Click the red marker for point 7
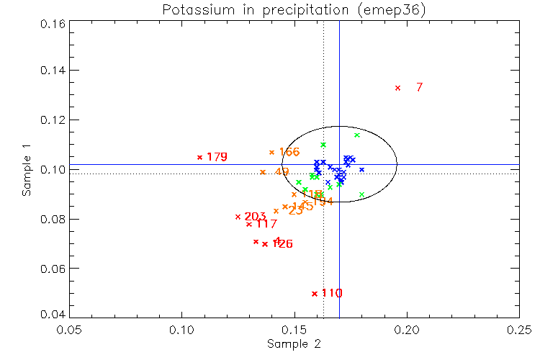click(x=397, y=88)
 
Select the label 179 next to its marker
click(x=217, y=157)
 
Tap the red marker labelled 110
click(x=315, y=293)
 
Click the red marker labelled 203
click(x=238, y=217)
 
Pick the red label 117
click(x=266, y=225)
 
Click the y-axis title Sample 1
click(x=27, y=170)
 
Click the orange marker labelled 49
click(x=263, y=172)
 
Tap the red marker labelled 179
click(x=200, y=157)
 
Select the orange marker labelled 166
click(x=271, y=152)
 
